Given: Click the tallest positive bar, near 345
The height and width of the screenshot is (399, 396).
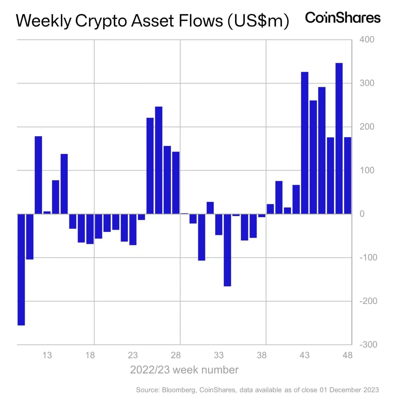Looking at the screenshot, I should pos(339,138).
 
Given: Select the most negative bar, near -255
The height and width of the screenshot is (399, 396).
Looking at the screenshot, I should pos(21,270).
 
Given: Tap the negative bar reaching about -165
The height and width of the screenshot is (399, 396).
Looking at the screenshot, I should pos(227,250).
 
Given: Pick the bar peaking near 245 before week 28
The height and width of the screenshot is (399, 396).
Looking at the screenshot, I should pos(159,160).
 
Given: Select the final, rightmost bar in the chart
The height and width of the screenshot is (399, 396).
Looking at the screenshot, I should pos(347,175).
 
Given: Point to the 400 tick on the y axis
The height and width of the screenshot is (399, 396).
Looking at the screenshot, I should pos(367,40).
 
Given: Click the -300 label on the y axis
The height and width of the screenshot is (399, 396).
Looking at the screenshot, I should pos(368,344).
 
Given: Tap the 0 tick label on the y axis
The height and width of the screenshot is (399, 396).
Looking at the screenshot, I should pos(362,214).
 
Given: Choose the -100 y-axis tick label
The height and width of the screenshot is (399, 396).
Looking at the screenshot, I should pos(368,257).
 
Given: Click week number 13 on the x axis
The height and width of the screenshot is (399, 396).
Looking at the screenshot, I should pos(47,355).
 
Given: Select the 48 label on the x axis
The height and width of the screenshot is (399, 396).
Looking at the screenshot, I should pos(347,355).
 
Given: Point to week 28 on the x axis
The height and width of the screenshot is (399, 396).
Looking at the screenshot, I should pos(176,355).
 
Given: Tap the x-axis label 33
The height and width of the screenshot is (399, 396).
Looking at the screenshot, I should pos(219,355).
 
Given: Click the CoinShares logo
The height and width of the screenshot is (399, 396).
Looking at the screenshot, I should pos(343,18).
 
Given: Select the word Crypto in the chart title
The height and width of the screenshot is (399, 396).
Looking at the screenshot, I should pos(100,21).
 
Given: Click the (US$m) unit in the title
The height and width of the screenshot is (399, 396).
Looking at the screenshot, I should pos(258,21).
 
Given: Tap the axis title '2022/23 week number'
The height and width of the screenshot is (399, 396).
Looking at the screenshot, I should pos(184,370).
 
